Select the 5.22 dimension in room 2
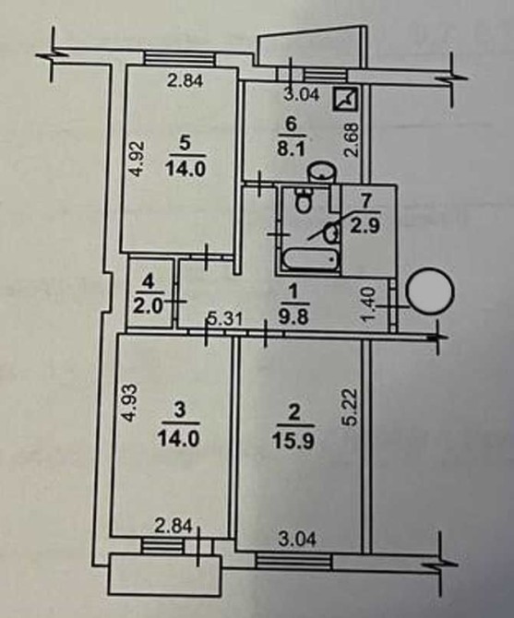(350, 407)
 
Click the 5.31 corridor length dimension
(225, 318)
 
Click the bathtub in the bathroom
(311, 259)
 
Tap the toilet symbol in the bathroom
(303, 200)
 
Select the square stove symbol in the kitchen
(345, 99)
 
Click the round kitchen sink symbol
(322, 172)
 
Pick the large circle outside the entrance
(430, 291)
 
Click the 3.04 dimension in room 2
(297, 538)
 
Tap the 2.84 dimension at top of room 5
(185, 81)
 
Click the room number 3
(178, 410)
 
